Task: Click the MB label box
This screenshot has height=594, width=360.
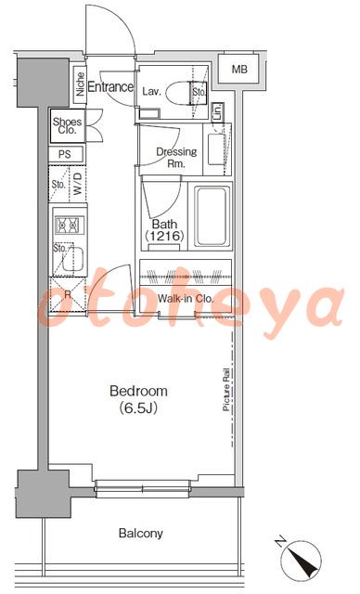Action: point(239,69)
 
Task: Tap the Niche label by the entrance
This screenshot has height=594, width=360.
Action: point(80,84)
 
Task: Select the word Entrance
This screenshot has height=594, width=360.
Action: point(110,86)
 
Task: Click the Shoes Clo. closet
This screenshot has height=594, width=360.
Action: point(68,126)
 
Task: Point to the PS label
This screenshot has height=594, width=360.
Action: point(65,155)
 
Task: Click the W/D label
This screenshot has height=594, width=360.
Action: point(78,185)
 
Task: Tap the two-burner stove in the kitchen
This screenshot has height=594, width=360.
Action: point(70,226)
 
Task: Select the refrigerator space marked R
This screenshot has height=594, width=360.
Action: point(68,295)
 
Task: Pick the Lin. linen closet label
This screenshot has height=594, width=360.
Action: point(218,112)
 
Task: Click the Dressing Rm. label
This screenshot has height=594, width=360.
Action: point(176,158)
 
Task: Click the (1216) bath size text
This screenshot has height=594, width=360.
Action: point(164,237)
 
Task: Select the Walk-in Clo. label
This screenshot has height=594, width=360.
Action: point(186,299)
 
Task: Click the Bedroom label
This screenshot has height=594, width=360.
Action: point(138,391)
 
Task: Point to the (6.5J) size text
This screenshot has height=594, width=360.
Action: point(138,408)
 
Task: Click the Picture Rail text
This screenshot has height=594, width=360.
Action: point(226,389)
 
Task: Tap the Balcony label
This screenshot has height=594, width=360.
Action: point(141,534)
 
